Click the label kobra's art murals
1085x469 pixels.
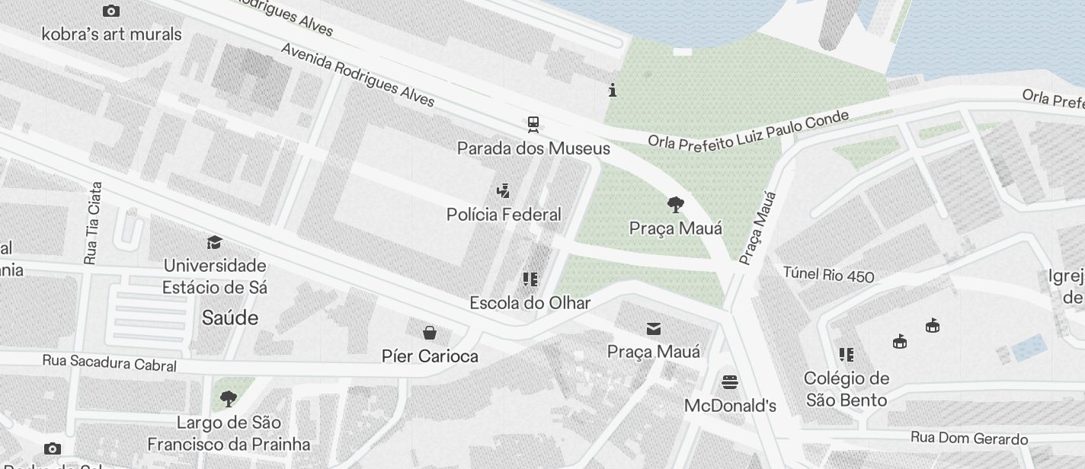click(x=111, y=34)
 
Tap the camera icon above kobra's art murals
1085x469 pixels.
click(x=111, y=11)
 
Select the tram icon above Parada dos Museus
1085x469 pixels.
click(x=533, y=124)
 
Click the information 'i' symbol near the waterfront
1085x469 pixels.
click(x=613, y=91)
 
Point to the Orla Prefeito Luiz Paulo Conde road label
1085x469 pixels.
click(x=747, y=130)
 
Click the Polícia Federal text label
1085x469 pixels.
click(x=504, y=215)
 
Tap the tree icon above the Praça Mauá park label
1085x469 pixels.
click(x=675, y=204)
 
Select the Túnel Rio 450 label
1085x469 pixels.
click(x=828, y=274)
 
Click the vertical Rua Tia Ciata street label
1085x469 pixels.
click(x=93, y=223)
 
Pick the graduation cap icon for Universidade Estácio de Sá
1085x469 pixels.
click(x=214, y=242)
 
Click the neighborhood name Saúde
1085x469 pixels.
click(x=230, y=318)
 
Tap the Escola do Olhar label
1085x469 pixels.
click(x=530, y=303)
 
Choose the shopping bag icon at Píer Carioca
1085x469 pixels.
click(x=430, y=332)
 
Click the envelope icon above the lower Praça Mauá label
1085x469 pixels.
click(x=654, y=328)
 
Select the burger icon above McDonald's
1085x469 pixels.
click(x=730, y=381)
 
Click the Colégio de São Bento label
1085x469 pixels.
click(x=846, y=389)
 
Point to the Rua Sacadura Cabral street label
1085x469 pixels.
click(x=109, y=363)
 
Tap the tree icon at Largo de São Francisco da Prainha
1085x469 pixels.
click(x=228, y=398)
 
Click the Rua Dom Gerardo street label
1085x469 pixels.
click(x=969, y=439)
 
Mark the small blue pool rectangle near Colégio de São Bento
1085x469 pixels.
click(x=1029, y=347)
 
